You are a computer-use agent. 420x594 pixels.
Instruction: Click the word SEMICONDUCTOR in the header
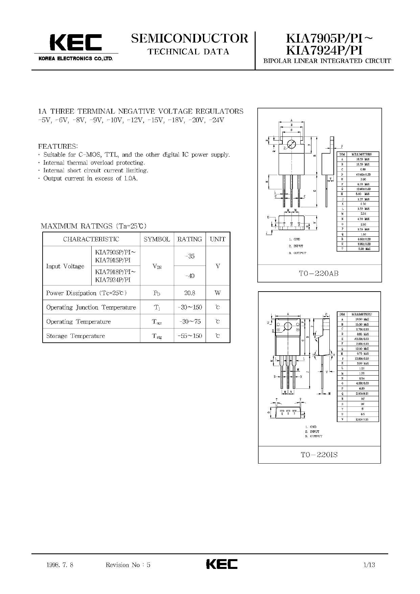point(189,38)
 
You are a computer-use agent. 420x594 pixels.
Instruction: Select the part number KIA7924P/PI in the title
point(324,50)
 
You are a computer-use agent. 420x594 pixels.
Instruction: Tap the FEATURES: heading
point(58,146)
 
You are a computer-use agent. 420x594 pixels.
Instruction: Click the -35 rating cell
point(190,256)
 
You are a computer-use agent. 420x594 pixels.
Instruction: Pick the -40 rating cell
point(190,276)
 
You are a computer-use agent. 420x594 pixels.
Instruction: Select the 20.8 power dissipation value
point(189,293)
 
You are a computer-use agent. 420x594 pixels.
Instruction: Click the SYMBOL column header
point(157,239)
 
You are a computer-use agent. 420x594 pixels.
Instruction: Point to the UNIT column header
point(217,239)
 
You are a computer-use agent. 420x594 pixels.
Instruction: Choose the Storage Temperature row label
point(75,336)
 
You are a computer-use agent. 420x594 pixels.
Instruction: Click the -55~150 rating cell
point(190,336)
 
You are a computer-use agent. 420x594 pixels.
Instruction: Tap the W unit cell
point(217,293)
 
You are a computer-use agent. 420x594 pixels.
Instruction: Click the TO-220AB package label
point(319,273)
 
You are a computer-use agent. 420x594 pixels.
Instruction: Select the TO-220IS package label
point(319,455)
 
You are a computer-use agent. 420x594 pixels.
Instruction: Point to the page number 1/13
point(369,565)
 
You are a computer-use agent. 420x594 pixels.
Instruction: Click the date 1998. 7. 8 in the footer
point(60,565)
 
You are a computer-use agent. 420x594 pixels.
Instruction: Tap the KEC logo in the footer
point(221,564)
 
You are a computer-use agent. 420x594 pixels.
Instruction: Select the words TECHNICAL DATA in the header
point(189,51)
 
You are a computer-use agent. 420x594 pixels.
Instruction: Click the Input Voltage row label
point(65,266)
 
